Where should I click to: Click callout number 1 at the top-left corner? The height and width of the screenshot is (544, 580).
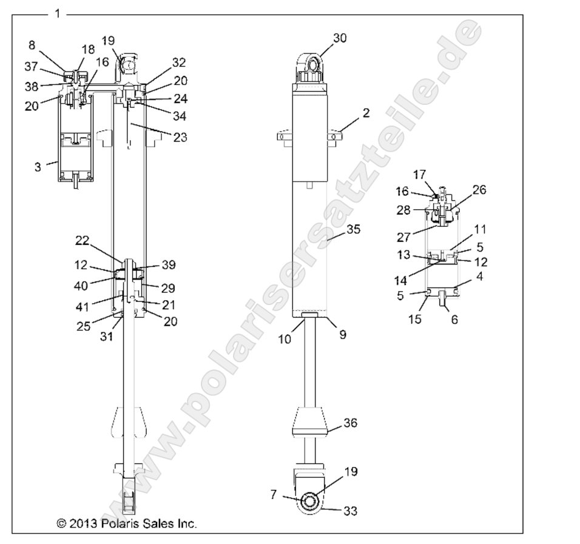coord(57,13)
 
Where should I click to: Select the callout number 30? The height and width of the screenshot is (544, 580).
coord(340,38)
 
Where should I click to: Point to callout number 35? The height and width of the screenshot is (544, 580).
coord(353,229)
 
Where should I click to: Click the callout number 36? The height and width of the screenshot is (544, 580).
coord(351,425)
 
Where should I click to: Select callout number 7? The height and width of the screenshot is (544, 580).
coord(274,495)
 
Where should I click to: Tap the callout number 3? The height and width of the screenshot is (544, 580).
coord(38,166)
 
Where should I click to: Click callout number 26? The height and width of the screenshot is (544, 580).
coord(479,190)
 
